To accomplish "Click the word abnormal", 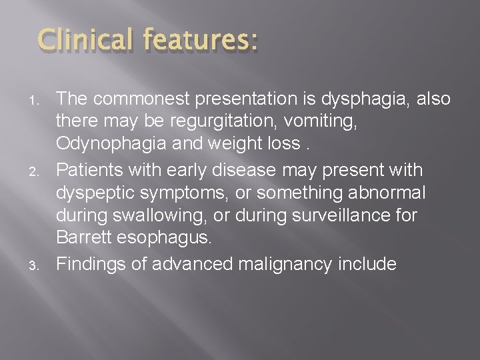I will pos(394,193).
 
